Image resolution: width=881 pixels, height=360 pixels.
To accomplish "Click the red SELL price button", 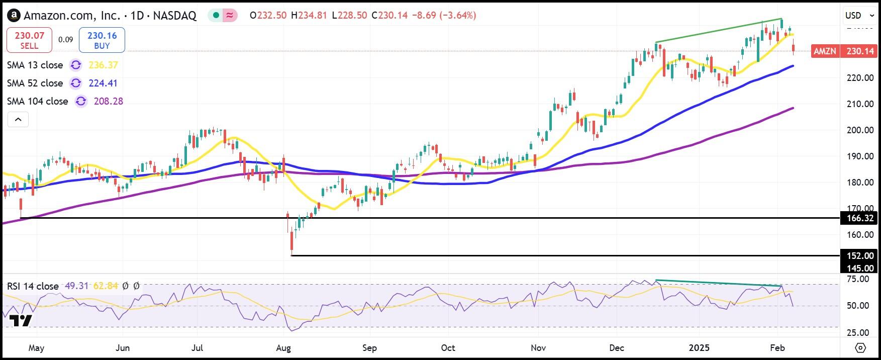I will click(x=29, y=40).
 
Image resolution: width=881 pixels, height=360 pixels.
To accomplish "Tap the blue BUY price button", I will click(x=102, y=40).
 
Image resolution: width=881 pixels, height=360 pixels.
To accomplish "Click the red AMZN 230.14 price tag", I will click(x=844, y=51).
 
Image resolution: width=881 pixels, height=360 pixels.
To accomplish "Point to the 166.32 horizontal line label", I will click(x=860, y=218).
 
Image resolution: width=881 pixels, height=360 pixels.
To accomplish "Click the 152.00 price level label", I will click(x=860, y=256).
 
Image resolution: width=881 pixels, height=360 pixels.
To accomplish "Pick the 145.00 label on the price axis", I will click(x=860, y=268).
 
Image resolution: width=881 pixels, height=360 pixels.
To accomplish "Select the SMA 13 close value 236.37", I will click(x=103, y=65).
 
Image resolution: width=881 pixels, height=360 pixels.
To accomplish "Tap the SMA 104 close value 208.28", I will click(x=108, y=102).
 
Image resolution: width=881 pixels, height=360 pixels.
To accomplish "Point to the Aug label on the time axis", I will click(x=283, y=348).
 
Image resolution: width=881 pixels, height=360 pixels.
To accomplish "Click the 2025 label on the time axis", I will click(x=699, y=348).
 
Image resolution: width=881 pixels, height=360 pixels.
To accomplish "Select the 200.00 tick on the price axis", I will click(x=860, y=130).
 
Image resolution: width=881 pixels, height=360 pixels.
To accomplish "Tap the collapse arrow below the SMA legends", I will click(x=18, y=120).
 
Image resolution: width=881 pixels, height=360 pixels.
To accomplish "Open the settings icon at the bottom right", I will click(x=860, y=348).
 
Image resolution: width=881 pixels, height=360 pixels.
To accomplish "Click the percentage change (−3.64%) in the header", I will click(x=458, y=16).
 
